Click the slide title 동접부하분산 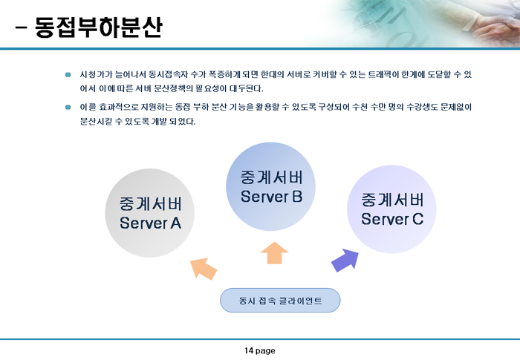tap(99, 27)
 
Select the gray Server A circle tap(149, 213)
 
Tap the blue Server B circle tap(270, 186)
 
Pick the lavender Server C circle tap(391, 209)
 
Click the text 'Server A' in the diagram tap(150, 223)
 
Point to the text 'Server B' tap(272, 197)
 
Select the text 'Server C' tap(392, 219)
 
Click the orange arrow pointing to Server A tap(204, 269)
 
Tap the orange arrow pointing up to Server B tap(274, 253)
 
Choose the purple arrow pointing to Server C tap(345, 261)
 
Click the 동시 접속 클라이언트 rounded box tap(280, 301)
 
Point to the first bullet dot tap(68, 74)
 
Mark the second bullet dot tap(68, 107)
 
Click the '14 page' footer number tap(260, 350)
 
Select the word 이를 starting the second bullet tap(88, 107)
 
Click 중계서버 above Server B tap(272, 177)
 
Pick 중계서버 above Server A tap(151, 204)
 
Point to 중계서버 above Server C tap(392, 200)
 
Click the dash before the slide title tap(21, 28)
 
